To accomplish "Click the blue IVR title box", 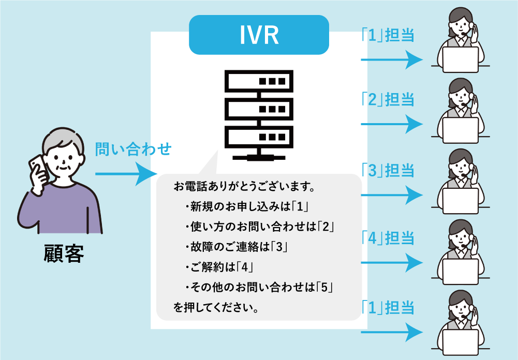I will [259, 35].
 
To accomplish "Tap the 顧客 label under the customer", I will [64, 254].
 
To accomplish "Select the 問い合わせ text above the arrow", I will [133, 149].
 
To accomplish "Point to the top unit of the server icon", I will [258, 81].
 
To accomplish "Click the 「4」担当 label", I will [388, 238].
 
